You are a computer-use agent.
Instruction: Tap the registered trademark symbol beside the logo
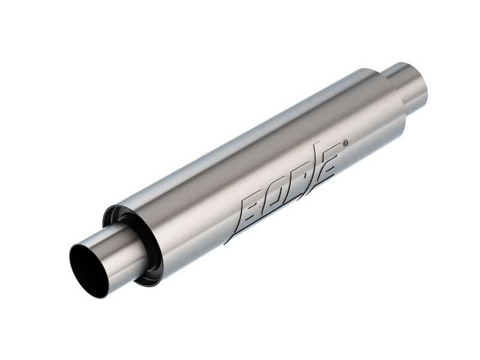(344, 143)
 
